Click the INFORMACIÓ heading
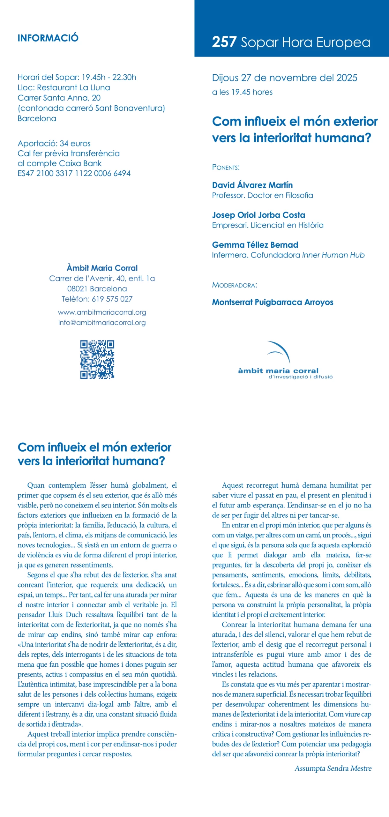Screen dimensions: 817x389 [x=48, y=38]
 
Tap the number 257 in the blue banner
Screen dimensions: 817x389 [x=224, y=42]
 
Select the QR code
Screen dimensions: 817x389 [x=97, y=359]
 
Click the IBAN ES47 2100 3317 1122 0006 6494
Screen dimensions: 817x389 [x=74, y=173]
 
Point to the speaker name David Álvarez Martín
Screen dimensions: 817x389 [x=252, y=185]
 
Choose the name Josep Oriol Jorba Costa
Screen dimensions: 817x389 [x=258, y=215]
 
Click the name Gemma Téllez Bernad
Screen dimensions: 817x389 [x=255, y=245]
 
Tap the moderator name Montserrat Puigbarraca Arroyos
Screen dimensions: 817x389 [x=273, y=302]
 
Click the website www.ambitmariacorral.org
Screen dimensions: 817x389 [x=102, y=312]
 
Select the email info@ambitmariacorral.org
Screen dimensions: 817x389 [x=102, y=322]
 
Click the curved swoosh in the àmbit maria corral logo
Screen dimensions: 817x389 [x=279, y=351]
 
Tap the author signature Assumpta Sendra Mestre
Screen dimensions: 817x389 [x=333, y=768]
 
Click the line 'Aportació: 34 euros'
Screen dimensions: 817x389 [x=54, y=143]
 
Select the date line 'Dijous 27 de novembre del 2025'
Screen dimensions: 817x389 [x=284, y=78]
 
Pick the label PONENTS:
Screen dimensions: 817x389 [x=226, y=167]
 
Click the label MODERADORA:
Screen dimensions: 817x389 [x=234, y=285]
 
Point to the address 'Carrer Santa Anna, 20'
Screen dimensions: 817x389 [x=59, y=98]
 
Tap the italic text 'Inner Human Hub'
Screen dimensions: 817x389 [x=333, y=255]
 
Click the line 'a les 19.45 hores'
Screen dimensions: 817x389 [x=242, y=92]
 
